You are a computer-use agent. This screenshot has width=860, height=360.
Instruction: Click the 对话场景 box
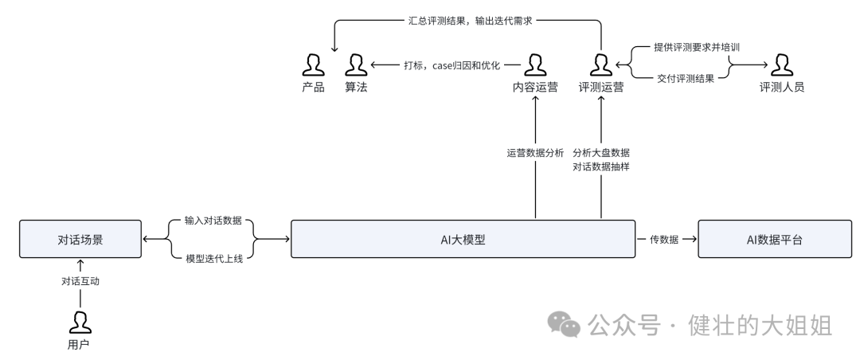[x=80, y=240]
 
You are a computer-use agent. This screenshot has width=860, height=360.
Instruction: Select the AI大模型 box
[x=463, y=240]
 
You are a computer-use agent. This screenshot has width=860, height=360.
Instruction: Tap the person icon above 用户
[x=80, y=322]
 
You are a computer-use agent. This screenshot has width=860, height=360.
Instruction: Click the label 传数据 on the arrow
[x=663, y=240]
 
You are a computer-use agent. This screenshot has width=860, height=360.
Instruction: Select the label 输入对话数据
[x=213, y=221]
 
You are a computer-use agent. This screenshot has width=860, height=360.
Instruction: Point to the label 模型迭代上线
[x=213, y=259]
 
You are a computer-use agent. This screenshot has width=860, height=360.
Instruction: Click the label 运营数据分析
[x=535, y=152]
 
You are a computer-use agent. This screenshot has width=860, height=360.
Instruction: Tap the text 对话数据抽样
[x=601, y=167]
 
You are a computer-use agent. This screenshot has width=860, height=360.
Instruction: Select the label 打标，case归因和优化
[x=447, y=65]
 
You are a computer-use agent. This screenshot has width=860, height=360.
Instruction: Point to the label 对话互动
[x=80, y=281]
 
